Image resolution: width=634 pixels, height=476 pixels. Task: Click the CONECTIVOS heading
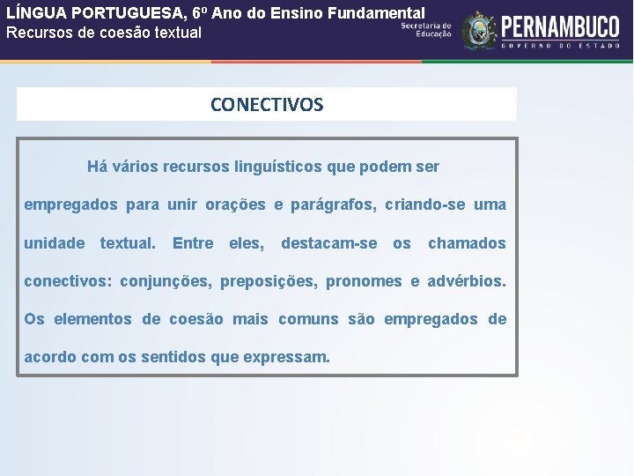coord(267,105)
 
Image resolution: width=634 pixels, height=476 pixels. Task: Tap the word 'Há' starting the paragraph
coord(97,167)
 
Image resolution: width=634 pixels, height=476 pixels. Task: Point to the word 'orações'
coord(235,205)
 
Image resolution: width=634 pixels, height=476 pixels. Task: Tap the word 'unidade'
coord(55,243)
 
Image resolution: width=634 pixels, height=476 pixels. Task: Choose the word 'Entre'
coord(193,243)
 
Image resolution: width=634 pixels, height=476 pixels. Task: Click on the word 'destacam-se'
coord(328,243)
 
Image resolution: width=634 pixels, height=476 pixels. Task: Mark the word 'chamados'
coord(467,243)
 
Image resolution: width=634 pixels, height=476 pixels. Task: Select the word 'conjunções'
coord(165,282)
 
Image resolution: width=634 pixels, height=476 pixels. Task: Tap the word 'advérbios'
coord(466,282)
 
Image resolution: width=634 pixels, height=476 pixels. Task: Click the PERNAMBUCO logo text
coord(559,26)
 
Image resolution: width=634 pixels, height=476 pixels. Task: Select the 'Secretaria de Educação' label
coord(426,30)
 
